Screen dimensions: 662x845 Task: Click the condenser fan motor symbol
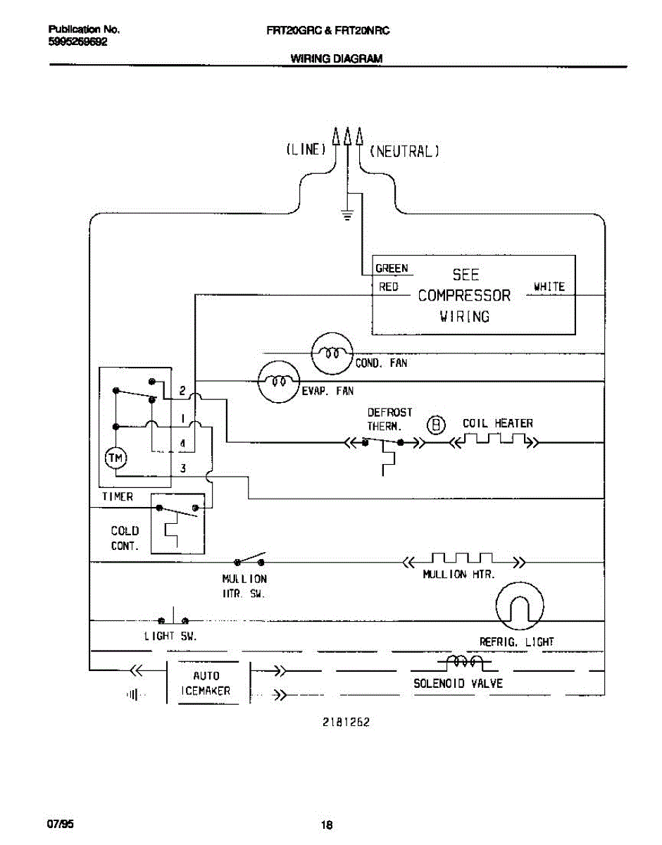pyautogui.click(x=332, y=353)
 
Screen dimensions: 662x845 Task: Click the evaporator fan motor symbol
pyautogui.click(x=279, y=382)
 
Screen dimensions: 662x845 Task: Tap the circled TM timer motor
pyautogui.click(x=115, y=458)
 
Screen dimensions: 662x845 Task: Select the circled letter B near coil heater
pyautogui.click(x=436, y=425)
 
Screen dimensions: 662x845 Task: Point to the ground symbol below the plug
pyautogui.click(x=347, y=215)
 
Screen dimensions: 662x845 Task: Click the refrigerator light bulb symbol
pyautogui.click(x=520, y=606)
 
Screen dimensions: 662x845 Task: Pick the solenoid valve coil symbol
pyautogui.click(x=464, y=662)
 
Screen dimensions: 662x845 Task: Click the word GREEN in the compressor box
pyautogui.click(x=392, y=268)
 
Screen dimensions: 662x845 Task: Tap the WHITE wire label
pyautogui.click(x=549, y=287)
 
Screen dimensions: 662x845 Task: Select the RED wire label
pyautogui.click(x=389, y=287)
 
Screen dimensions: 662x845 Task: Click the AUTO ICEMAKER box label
pyautogui.click(x=206, y=683)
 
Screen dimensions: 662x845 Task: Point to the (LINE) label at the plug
pyautogui.click(x=306, y=149)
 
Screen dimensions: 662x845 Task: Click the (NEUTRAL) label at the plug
pyautogui.click(x=404, y=151)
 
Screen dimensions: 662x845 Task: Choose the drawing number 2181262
pyautogui.click(x=346, y=722)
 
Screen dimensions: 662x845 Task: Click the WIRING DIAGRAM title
pyautogui.click(x=337, y=58)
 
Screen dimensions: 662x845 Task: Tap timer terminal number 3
pyautogui.click(x=182, y=468)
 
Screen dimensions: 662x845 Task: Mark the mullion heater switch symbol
pyautogui.click(x=249, y=559)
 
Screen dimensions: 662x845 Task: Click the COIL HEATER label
pyautogui.click(x=498, y=423)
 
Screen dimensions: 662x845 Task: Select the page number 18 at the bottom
pyautogui.click(x=327, y=825)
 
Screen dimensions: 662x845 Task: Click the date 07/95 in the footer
pyautogui.click(x=61, y=824)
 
